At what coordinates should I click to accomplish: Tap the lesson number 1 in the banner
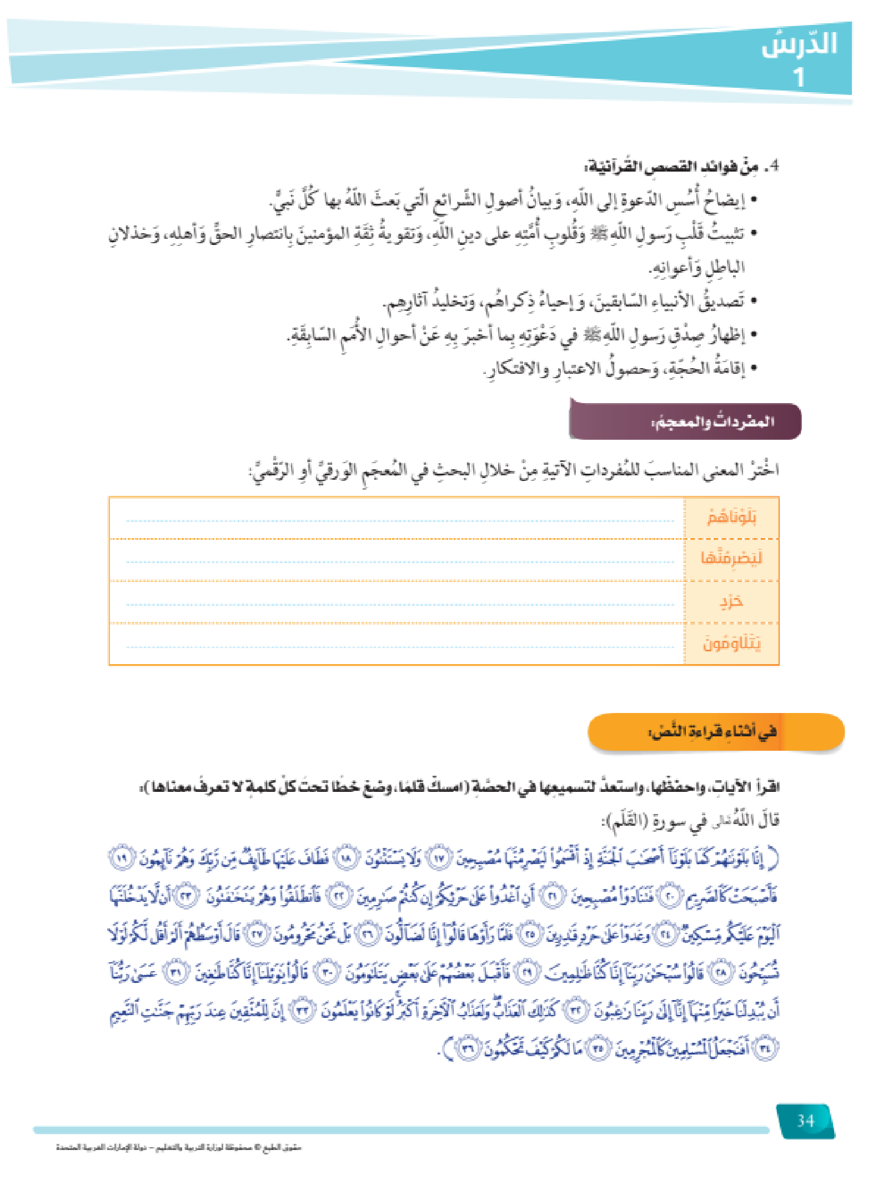pyautogui.click(x=799, y=77)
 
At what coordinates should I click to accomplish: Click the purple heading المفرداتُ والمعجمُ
pyautogui.click(x=713, y=422)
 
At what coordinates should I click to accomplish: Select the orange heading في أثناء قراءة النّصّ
pyautogui.click(x=713, y=732)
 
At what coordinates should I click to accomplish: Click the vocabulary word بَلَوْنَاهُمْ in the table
pyautogui.click(x=731, y=518)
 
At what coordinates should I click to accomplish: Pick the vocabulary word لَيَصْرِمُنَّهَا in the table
pyautogui.click(x=731, y=558)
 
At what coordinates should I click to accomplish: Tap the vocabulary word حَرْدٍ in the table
pyautogui.click(x=731, y=601)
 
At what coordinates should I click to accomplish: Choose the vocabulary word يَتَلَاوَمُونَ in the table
pyautogui.click(x=731, y=644)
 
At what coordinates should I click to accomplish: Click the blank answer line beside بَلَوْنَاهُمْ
pyautogui.click(x=400, y=521)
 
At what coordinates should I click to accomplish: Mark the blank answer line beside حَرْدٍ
pyautogui.click(x=400, y=605)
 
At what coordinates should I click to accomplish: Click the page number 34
pyautogui.click(x=805, y=1121)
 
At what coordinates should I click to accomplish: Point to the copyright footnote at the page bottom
pyautogui.click(x=178, y=1147)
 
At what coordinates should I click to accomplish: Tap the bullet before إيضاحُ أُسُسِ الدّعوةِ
pyautogui.click(x=754, y=200)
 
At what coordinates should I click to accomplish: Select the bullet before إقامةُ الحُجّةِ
pyautogui.click(x=754, y=369)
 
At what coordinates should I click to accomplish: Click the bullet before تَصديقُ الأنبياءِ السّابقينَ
pyautogui.click(x=754, y=302)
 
